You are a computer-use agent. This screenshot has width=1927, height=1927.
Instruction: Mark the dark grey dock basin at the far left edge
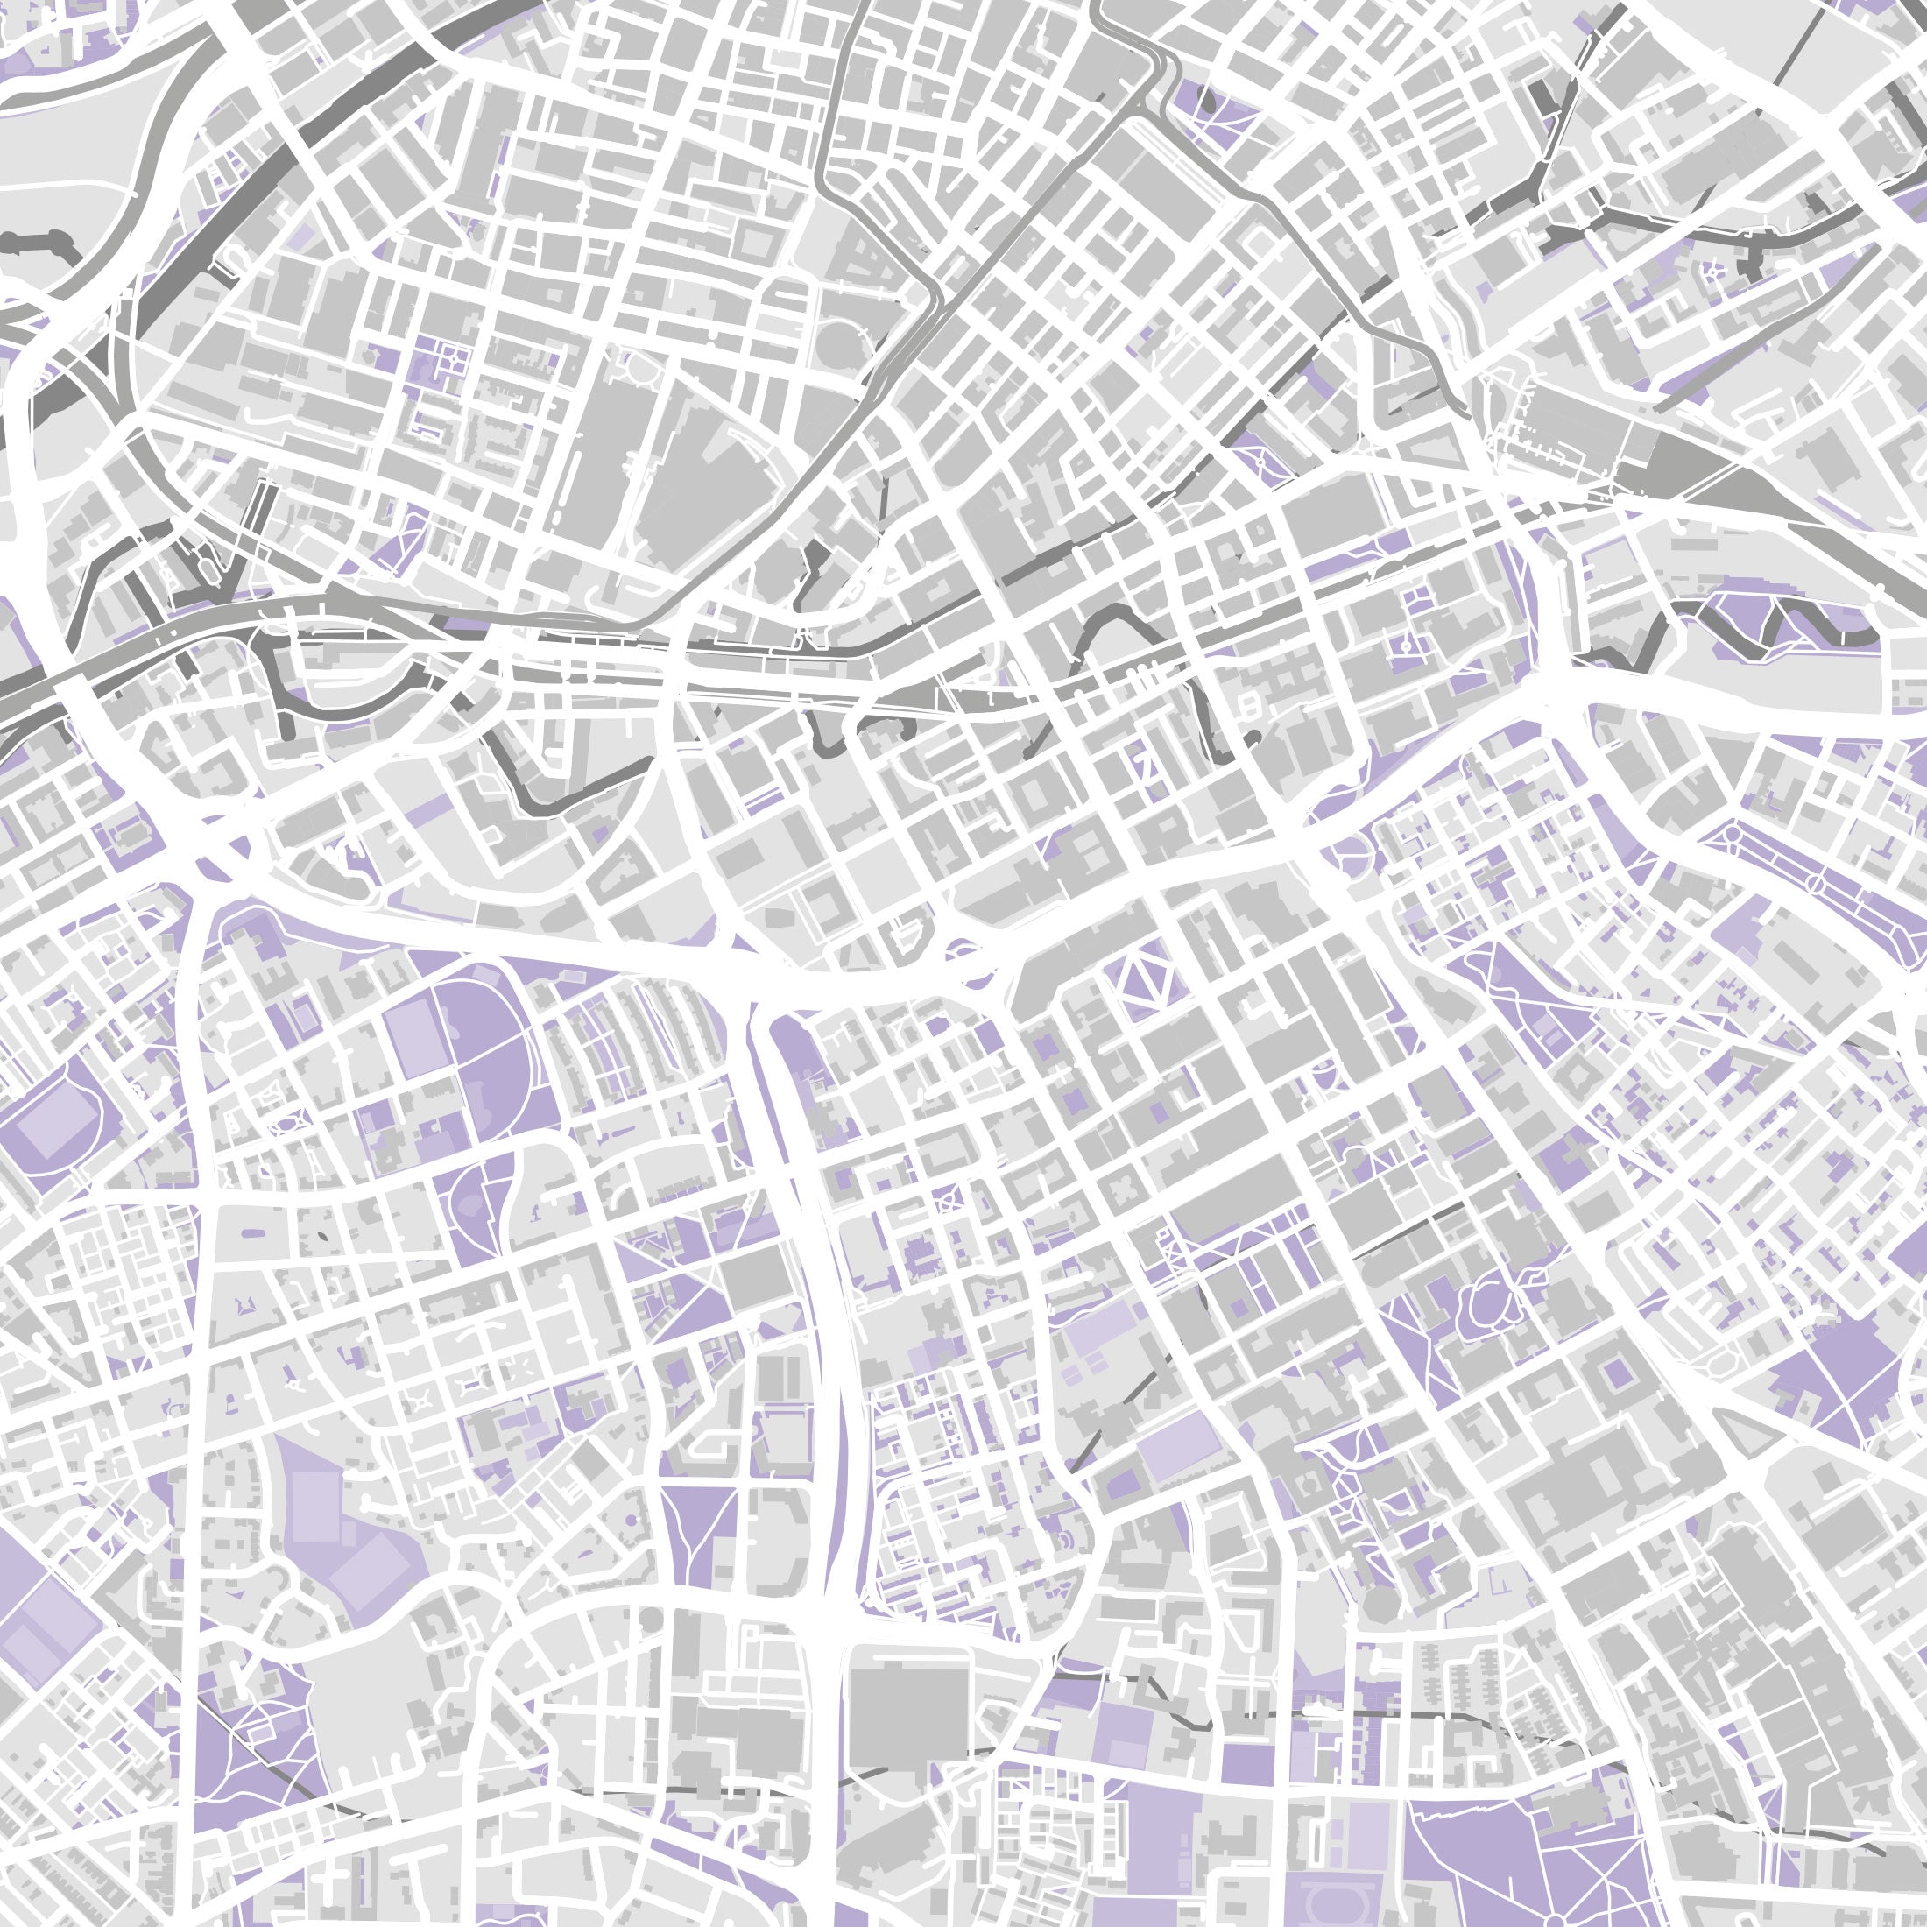(40, 244)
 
